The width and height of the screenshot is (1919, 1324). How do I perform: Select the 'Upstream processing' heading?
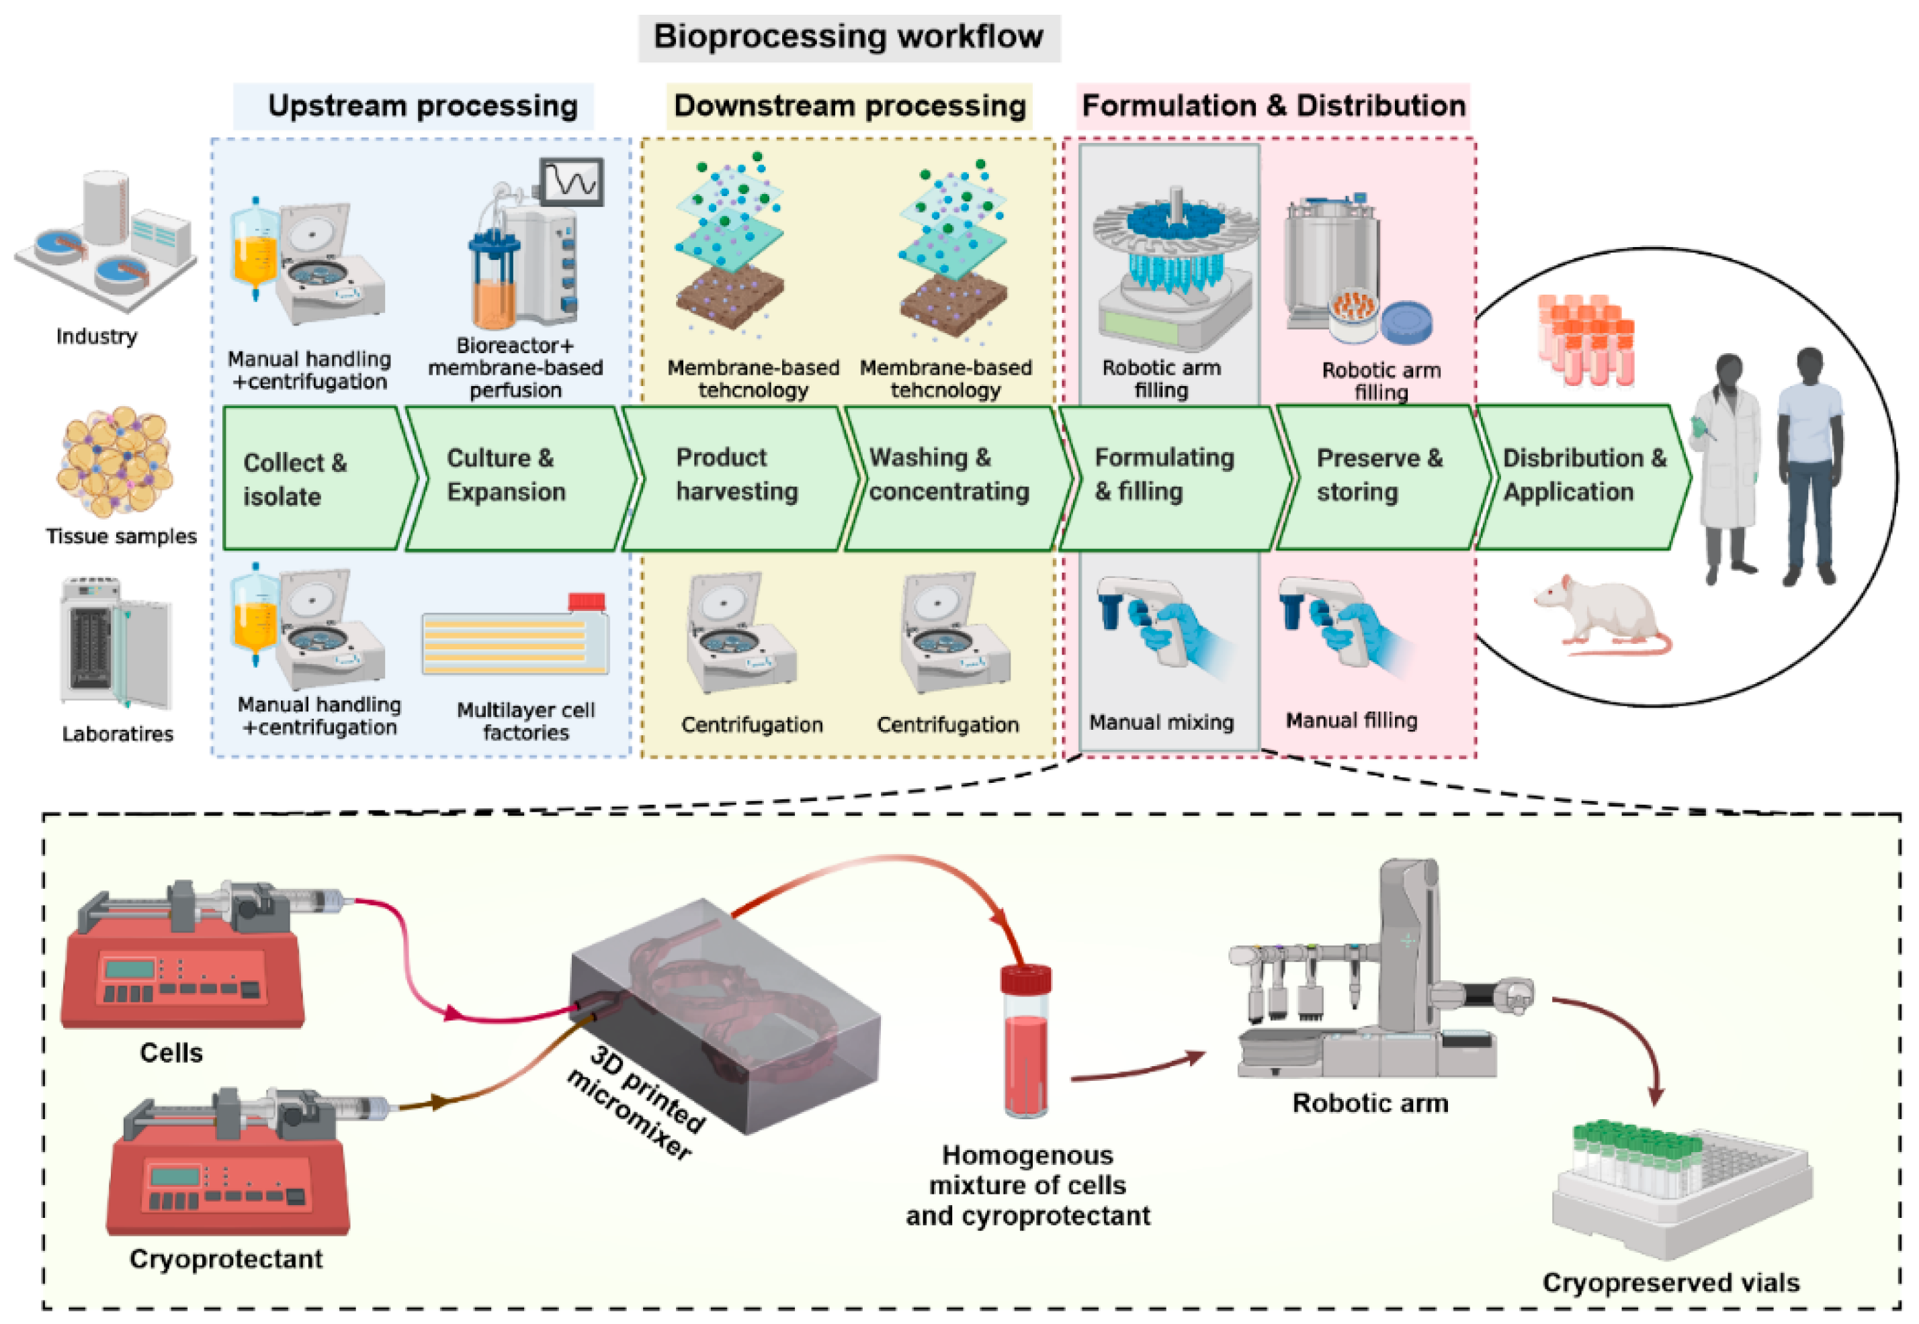tap(423, 106)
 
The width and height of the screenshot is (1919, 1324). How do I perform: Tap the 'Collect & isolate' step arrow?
tap(315, 479)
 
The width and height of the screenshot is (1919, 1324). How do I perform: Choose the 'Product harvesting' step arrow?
tap(737, 475)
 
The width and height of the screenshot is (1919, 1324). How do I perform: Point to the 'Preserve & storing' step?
tap(1379, 475)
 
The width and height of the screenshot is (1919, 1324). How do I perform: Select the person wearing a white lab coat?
tap(1729, 469)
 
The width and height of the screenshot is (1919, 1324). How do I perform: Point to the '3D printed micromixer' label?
tap(635, 1102)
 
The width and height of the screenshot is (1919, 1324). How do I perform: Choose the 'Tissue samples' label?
tap(121, 536)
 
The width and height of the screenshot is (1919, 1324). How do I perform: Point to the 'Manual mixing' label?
tap(1161, 722)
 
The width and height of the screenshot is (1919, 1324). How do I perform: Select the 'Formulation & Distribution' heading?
tap(1273, 106)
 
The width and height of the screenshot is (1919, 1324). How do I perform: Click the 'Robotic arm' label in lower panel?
tap(1369, 1103)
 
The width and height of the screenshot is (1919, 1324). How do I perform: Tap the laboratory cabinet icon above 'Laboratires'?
tap(116, 643)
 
